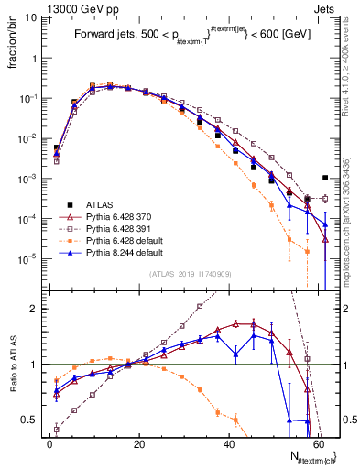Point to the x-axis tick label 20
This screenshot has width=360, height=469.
[x=138, y=442]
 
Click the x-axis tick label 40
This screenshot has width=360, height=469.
[x=228, y=442]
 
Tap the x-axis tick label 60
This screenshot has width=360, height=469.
[x=318, y=442]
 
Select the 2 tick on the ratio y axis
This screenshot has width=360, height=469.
[x=34, y=309]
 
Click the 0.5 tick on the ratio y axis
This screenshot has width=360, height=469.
[x=30, y=420]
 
